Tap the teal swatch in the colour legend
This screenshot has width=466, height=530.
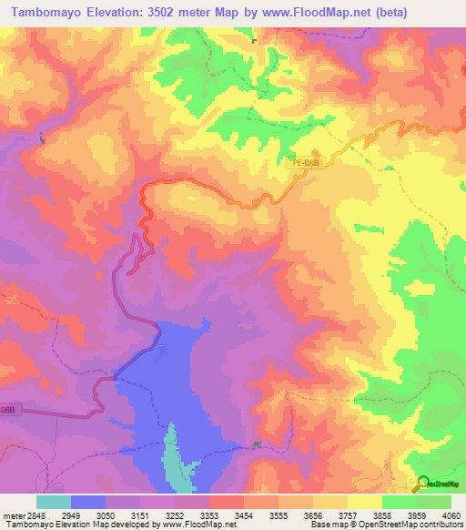tap(54, 501)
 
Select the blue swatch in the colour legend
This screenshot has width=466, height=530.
tap(88, 501)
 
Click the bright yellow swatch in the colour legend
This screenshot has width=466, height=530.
tap(364, 501)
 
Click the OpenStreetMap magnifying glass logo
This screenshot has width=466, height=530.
tap(424, 484)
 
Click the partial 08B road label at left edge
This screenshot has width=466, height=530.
tap(7, 411)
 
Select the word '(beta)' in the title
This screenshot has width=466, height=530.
tap(363, 12)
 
